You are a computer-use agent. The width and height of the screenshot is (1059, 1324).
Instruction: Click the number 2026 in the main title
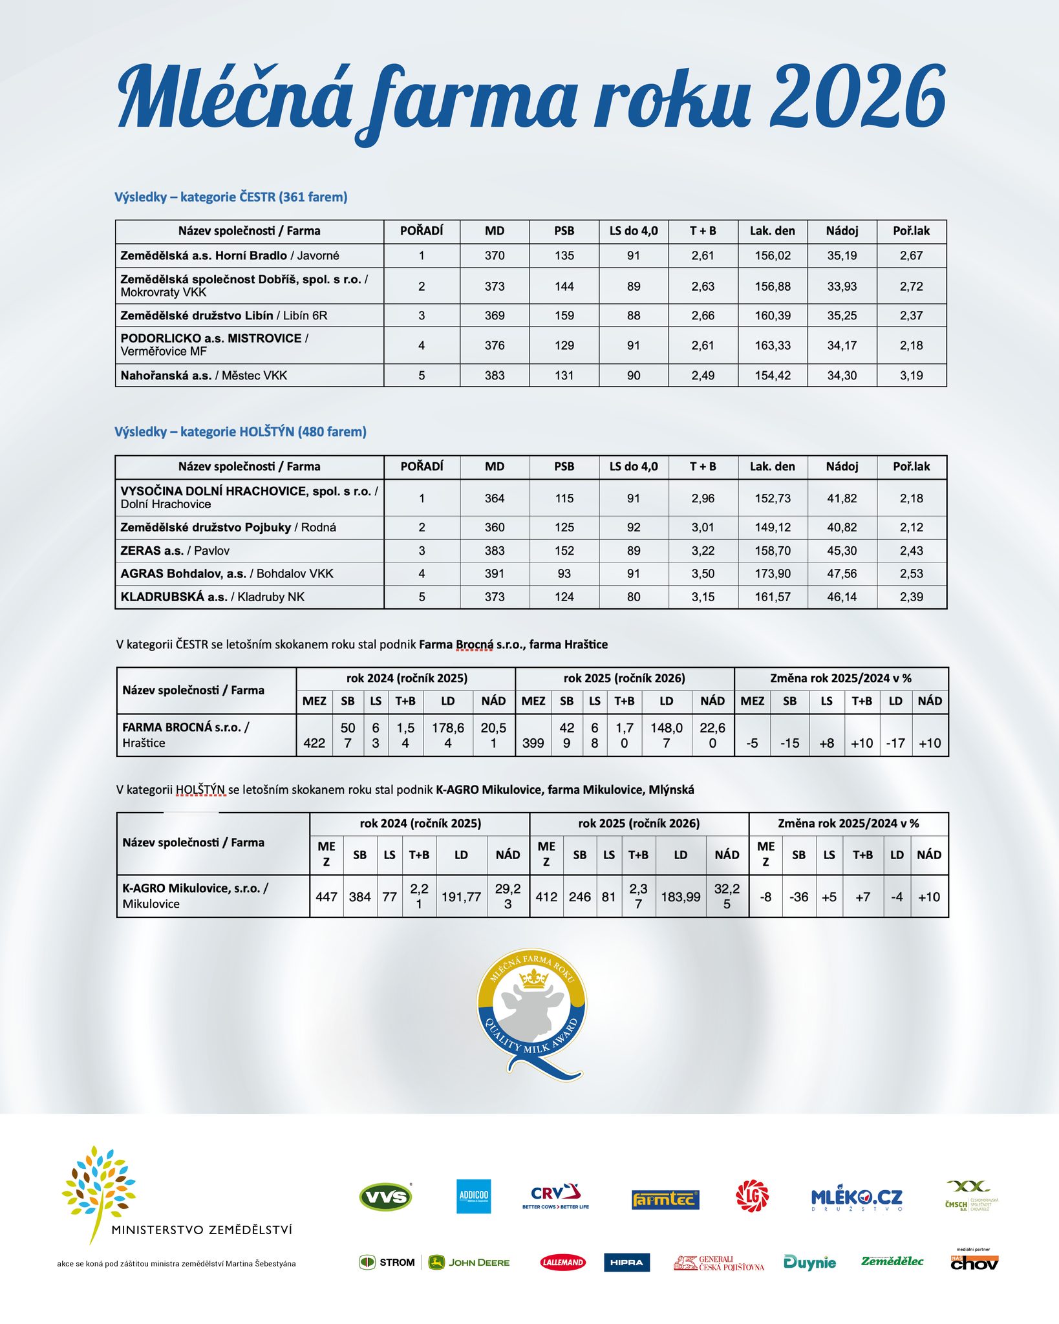coord(857,97)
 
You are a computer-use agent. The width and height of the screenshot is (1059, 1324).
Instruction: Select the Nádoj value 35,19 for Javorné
coord(842,255)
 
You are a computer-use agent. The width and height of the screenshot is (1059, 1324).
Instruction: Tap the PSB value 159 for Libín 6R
coord(564,315)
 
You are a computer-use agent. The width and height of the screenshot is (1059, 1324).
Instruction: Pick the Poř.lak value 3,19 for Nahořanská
coord(911,376)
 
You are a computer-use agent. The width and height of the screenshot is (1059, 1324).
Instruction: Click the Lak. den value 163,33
coord(773,345)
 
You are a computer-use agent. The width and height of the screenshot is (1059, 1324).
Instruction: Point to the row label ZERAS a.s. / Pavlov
coord(175,551)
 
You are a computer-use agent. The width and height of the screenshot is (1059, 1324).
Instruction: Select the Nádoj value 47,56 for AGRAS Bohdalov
coord(842,573)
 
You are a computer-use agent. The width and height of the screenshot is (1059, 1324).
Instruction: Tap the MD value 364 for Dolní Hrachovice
coord(495,498)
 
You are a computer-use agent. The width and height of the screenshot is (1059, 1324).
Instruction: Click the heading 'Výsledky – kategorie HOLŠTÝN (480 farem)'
coord(241,432)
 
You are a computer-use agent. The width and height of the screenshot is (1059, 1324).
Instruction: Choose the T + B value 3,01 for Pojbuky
coord(703,528)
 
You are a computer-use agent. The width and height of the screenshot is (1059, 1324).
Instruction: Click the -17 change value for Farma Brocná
coord(895,743)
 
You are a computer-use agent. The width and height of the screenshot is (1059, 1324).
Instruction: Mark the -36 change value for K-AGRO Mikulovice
coord(799,897)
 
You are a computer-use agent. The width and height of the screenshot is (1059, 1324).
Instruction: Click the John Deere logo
coord(469,1263)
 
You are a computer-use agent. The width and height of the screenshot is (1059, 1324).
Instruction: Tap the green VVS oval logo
coord(385,1197)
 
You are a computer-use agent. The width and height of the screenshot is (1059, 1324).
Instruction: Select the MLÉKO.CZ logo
coord(857,1198)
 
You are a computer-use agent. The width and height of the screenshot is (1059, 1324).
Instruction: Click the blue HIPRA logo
coord(626,1263)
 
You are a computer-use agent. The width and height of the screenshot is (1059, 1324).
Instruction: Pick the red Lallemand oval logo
coord(562,1263)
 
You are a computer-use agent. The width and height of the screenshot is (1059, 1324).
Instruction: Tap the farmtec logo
coord(665,1200)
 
